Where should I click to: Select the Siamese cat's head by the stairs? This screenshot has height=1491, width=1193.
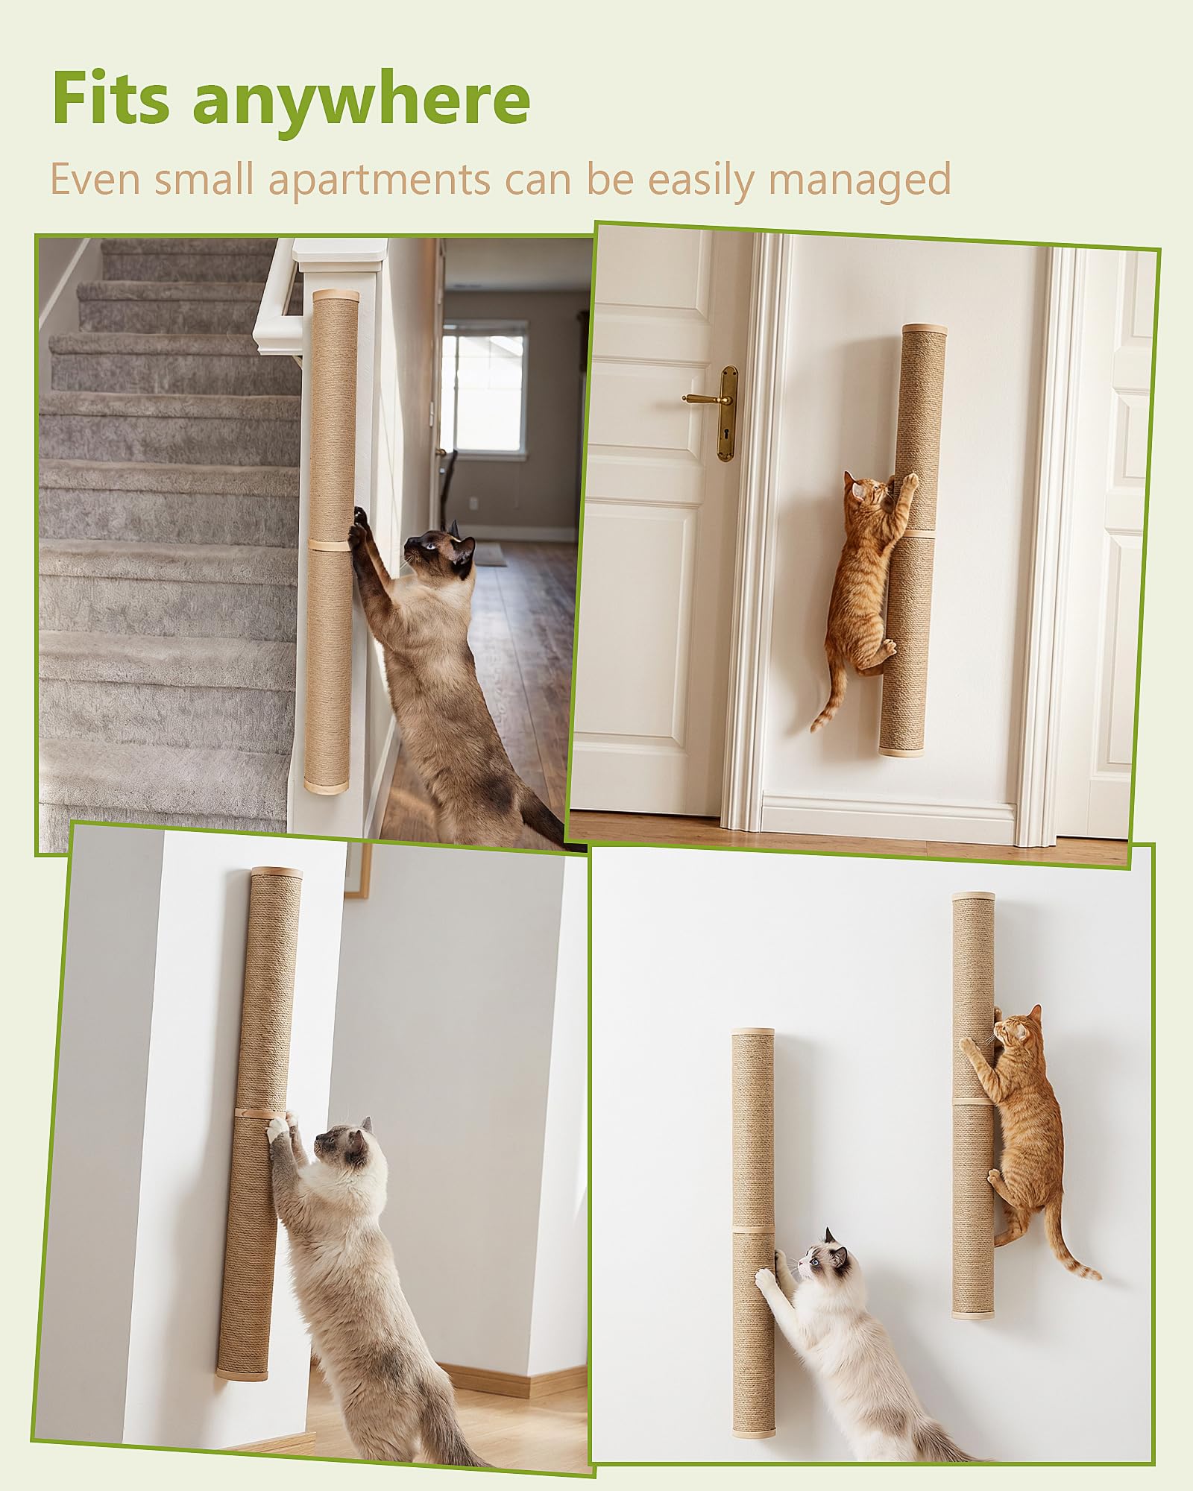pos(441,550)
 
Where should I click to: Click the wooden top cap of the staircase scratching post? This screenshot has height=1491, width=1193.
pos(336,296)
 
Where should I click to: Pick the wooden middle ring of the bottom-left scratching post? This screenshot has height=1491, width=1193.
pos(260,1112)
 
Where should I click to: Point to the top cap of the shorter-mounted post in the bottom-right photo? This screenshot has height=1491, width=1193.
pos(753,1033)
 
